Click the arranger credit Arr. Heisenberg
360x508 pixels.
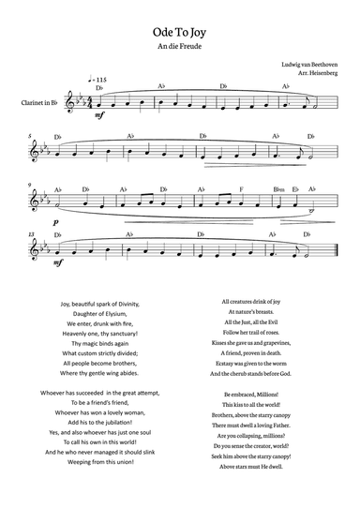click(x=317, y=75)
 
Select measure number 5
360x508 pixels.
click(x=31, y=135)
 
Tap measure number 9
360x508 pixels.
click(x=31, y=185)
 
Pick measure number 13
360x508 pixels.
click(x=32, y=233)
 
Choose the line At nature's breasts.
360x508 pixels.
click(x=258, y=312)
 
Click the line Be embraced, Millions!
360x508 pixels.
click(x=258, y=394)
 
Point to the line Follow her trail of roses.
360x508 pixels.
click(x=258, y=333)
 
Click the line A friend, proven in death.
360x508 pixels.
click(x=258, y=353)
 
